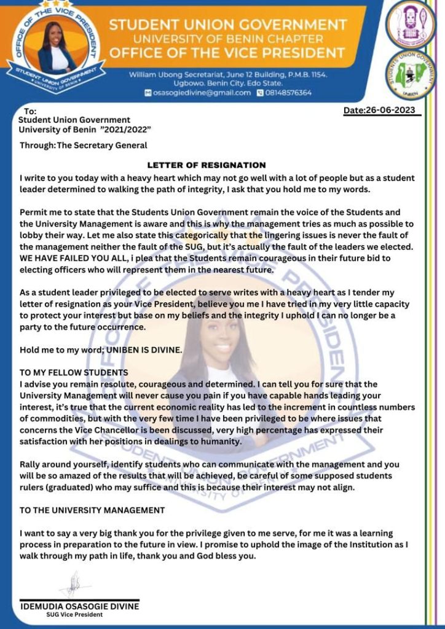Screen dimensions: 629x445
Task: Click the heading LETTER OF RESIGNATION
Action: point(207,165)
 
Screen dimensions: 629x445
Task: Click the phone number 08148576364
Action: point(288,93)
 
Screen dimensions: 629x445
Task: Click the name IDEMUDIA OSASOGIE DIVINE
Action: point(80,606)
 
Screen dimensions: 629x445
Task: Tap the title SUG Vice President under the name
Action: point(74,615)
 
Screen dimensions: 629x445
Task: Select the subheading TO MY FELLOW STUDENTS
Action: point(74,373)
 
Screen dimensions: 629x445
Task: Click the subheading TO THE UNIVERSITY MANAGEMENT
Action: point(92,510)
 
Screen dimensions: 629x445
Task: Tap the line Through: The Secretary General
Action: point(84,146)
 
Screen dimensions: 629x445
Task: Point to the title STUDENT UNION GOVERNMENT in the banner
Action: point(228,25)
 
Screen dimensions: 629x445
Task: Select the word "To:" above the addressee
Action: point(30,111)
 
